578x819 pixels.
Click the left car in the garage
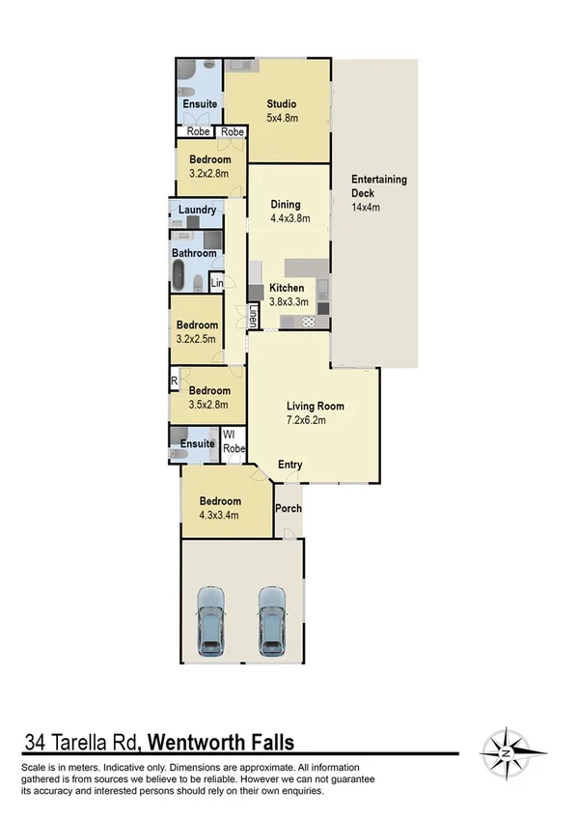point(211,621)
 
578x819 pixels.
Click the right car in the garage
point(273,621)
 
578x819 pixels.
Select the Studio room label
point(282,104)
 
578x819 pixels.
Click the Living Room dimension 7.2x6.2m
point(316,421)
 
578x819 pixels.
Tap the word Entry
point(290,465)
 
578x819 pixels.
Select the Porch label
point(289,508)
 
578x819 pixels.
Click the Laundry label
point(197,210)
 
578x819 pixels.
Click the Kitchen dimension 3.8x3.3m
point(289,302)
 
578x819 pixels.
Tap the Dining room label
point(286,205)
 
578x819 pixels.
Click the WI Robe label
point(234,443)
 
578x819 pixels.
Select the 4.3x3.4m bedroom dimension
point(219,516)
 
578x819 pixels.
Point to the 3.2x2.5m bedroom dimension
point(197,339)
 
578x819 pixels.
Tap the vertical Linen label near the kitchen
point(253,316)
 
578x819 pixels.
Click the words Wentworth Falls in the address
point(221,742)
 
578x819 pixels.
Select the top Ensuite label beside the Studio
point(199,104)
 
